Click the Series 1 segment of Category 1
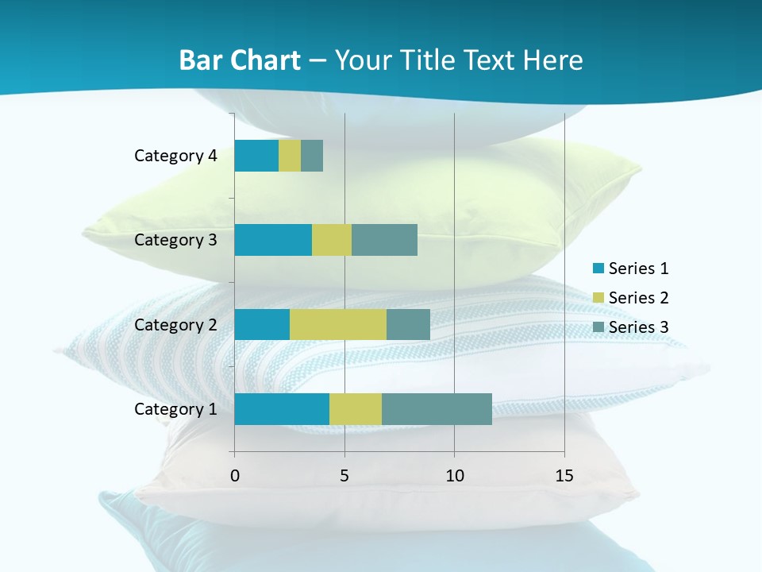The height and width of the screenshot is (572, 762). click(282, 409)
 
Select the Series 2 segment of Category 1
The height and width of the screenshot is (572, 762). click(356, 409)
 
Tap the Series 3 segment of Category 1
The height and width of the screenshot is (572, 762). click(437, 409)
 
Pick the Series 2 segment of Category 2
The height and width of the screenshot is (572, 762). click(338, 325)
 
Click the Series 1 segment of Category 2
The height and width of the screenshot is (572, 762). click(262, 325)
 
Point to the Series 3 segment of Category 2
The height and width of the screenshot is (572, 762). click(408, 325)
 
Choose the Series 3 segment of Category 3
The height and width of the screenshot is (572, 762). click(384, 240)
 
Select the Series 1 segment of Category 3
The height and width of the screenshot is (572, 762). click(273, 240)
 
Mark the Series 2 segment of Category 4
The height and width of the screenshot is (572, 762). click(290, 156)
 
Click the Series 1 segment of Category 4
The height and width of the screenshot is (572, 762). click(256, 156)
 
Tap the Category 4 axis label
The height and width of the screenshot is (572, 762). click(175, 156)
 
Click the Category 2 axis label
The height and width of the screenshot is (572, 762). click(175, 325)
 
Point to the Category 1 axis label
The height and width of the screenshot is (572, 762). click(175, 409)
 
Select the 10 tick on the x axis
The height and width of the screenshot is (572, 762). click(454, 476)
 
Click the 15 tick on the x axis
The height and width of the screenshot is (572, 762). click(564, 476)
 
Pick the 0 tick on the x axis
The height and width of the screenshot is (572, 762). click(235, 476)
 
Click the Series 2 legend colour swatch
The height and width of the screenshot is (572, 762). click(598, 298)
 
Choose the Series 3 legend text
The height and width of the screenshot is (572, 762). click(638, 327)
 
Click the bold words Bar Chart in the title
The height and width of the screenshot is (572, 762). click(240, 60)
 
